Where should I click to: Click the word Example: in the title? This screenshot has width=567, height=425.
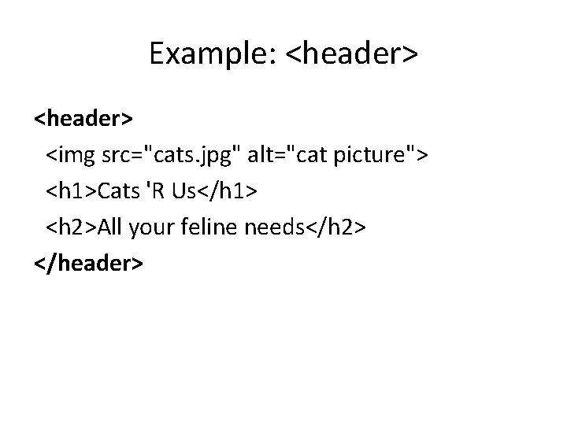(x=213, y=54)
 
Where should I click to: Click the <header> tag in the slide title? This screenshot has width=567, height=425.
(x=351, y=54)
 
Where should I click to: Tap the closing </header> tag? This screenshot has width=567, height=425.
(x=88, y=264)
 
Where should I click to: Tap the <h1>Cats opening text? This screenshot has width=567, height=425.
(x=90, y=191)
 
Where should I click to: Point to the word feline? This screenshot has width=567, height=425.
(x=212, y=227)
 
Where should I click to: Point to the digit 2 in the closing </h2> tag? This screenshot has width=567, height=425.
(x=348, y=227)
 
